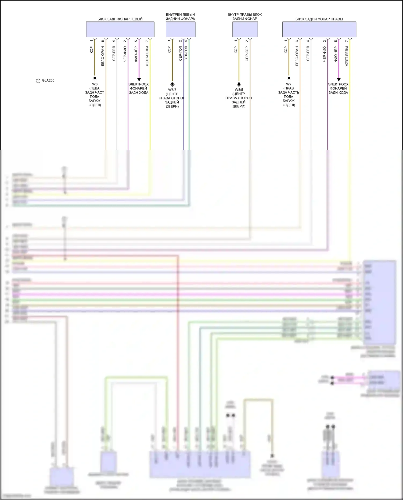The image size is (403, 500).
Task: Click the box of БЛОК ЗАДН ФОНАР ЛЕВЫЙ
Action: (120, 29)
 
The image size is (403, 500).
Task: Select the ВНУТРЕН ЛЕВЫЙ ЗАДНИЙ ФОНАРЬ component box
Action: (180, 29)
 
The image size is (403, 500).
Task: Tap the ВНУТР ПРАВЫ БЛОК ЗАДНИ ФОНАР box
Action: (245, 29)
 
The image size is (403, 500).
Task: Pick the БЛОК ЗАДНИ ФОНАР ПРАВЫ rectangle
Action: (319, 29)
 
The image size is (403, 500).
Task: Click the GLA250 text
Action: (48, 80)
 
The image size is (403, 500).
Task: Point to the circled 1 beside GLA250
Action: (38, 81)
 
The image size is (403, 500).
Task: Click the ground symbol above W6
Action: (95, 79)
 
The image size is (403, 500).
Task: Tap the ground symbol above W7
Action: (289, 79)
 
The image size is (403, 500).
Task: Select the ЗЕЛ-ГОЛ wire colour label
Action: (186, 53)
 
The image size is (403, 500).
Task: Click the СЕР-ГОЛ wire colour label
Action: (181, 54)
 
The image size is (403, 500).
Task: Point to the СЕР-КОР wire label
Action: (247, 54)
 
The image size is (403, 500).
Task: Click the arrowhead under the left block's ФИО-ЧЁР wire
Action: (139, 80)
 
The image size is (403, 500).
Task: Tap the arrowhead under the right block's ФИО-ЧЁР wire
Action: (339, 80)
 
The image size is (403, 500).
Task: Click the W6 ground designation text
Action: (95, 84)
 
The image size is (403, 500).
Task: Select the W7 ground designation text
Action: (289, 84)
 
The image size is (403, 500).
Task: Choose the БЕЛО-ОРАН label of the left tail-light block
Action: (103, 56)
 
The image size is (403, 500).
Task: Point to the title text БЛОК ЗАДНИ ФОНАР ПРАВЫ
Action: (319, 19)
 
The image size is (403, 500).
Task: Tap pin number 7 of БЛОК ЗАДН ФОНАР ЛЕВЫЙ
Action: (147, 41)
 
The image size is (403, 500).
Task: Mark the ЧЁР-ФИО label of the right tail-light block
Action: (325, 54)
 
